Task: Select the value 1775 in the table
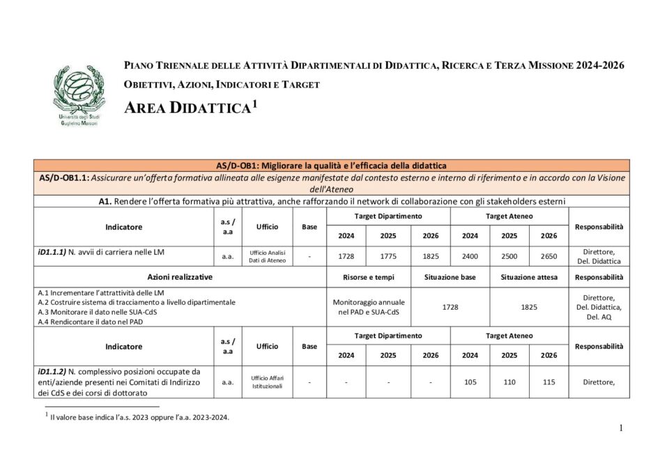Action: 388,256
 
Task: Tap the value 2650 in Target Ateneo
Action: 548,256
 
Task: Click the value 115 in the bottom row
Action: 548,381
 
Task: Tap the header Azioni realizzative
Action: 180,277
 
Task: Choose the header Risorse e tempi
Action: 369,277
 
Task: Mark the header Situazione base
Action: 450,277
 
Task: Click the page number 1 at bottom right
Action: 620,428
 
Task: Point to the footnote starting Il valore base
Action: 139,418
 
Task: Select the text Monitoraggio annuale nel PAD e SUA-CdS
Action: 369,307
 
